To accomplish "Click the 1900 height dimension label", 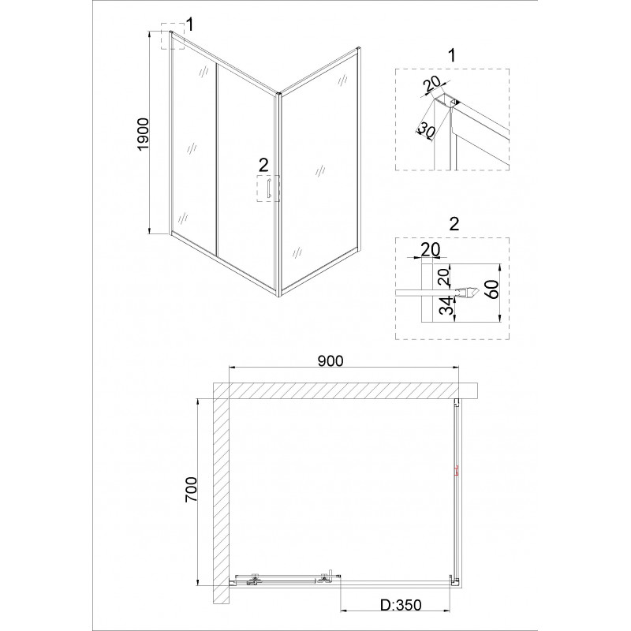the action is coord(144,134).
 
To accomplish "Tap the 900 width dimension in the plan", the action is coord(330,361).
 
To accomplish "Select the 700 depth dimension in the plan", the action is coord(191,489).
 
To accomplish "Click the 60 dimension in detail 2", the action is coord(492,289).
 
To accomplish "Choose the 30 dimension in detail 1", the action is coord(427,130).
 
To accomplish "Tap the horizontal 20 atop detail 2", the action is coord(431,249).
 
